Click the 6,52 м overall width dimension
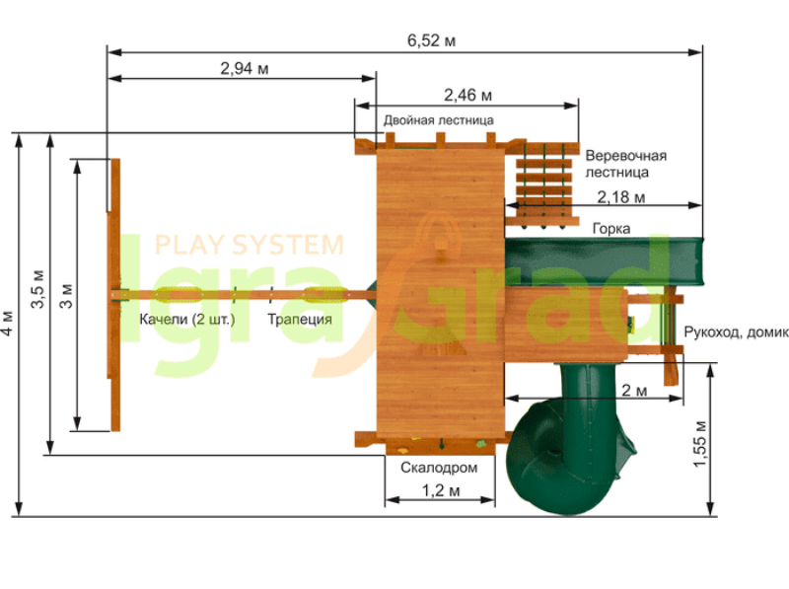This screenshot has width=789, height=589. point(431,40)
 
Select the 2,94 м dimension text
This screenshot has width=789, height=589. point(244,68)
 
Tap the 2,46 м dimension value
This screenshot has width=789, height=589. point(467,95)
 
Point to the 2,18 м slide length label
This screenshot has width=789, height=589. point(621,197)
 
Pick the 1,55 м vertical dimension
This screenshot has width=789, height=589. point(700,444)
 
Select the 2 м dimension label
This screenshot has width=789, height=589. point(634,390)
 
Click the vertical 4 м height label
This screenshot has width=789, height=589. point(7,323)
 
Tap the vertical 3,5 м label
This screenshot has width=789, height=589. point(37,289)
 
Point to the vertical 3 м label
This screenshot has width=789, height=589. point(66,296)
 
